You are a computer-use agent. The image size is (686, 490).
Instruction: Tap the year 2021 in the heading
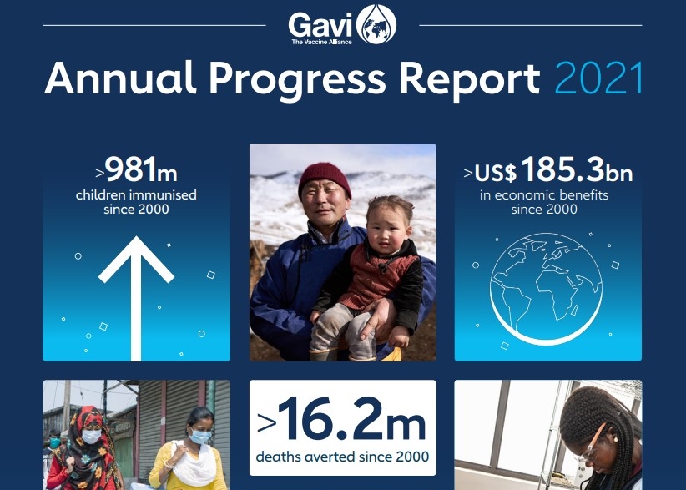tap(599, 79)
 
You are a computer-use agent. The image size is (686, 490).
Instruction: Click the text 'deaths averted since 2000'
tap(342, 457)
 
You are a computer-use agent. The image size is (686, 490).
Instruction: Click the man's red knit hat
tap(325, 179)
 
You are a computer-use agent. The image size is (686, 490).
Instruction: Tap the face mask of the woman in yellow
tap(199, 435)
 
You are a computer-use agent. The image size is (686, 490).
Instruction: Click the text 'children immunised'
tap(136, 195)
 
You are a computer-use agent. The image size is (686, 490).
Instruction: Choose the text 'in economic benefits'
tap(544, 195)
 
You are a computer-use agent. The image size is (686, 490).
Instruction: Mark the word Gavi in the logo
tap(320, 23)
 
